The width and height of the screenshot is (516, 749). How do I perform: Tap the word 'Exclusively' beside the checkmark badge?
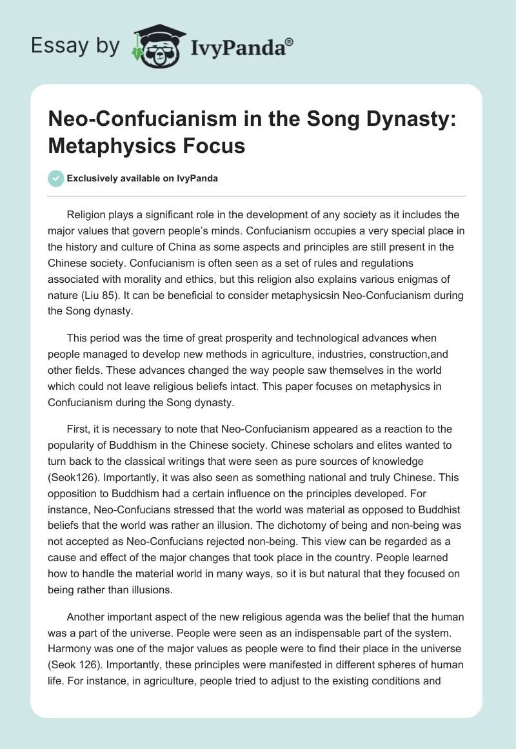point(92,178)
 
